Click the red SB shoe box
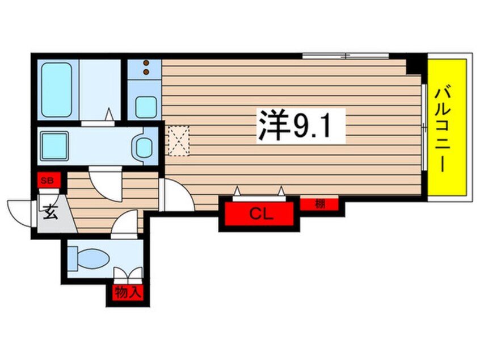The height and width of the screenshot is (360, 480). tap(48, 180)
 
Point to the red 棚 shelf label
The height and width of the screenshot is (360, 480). tap(319, 204)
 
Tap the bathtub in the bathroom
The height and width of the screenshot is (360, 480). tap(57, 90)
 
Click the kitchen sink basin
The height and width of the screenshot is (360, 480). tap(146, 107)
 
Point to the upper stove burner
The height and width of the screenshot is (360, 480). tap(146, 63)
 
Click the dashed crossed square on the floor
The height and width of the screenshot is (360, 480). tap(179, 141)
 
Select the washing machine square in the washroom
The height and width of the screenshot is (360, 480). tap(54, 145)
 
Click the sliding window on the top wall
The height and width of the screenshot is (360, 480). tap(346, 56)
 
